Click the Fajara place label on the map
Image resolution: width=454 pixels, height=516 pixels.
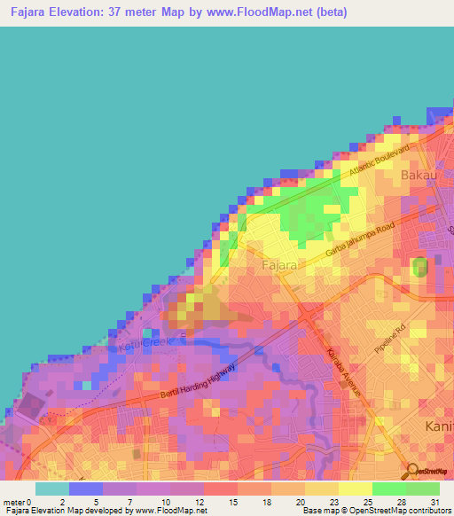pos(278,264)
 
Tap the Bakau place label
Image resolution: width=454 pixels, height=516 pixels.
pos(419,175)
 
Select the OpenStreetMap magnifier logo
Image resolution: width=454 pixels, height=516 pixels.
pos(413,471)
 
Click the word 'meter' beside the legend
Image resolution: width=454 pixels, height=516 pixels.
pos(13,502)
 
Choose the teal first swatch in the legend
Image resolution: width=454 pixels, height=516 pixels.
pos(51,489)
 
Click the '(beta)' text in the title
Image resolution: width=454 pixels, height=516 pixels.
pos(327,12)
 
